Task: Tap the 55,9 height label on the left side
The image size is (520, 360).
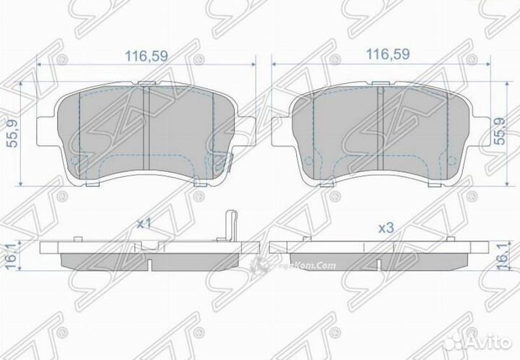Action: pos(12,133)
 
